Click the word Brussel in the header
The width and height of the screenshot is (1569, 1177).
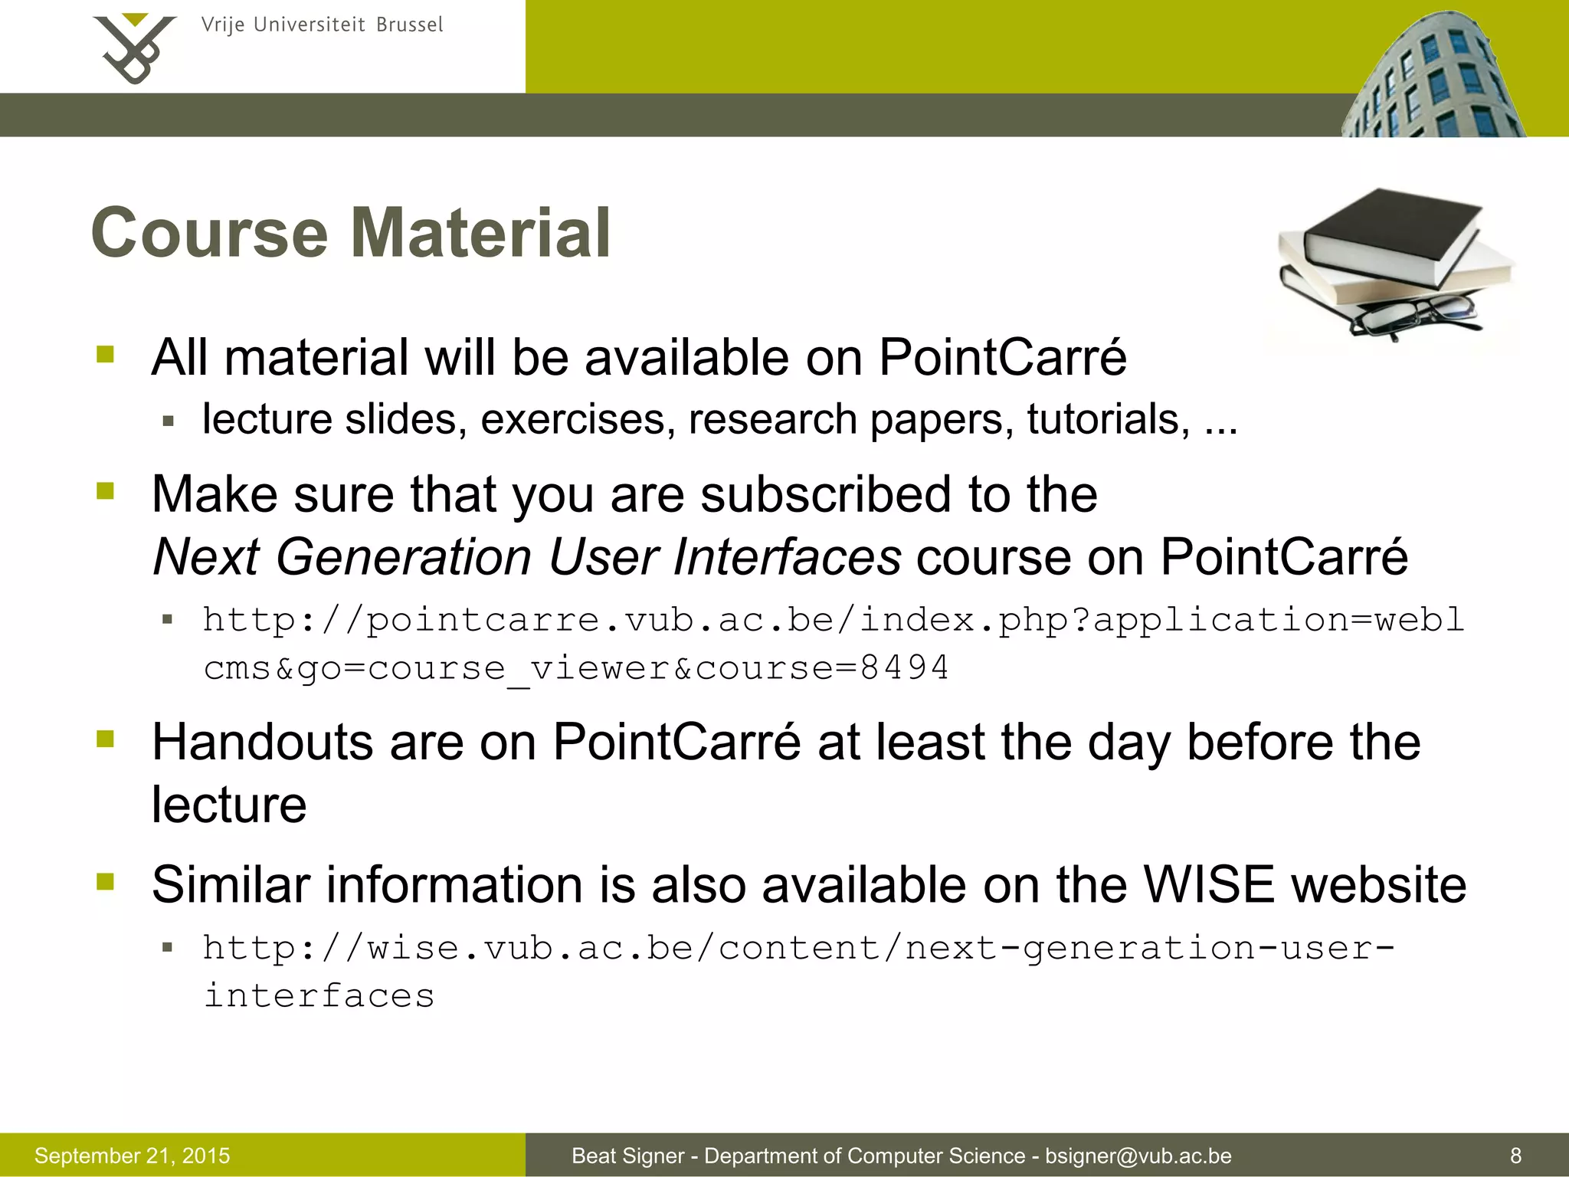click(409, 25)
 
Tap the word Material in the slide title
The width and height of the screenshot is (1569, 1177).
click(480, 233)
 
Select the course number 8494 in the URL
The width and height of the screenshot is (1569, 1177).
click(904, 667)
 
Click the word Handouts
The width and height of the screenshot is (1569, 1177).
click(262, 743)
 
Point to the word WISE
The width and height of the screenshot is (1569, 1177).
click(1208, 885)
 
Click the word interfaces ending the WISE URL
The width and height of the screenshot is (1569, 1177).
click(319, 996)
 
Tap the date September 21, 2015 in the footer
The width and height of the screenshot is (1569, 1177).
click(132, 1156)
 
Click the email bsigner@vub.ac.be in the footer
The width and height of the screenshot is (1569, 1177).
click(1138, 1156)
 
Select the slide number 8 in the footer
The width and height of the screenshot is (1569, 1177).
click(1515, 1156)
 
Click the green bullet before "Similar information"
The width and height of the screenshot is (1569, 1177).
click(105, 882)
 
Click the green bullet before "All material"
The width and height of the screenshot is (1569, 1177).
click(105, 354)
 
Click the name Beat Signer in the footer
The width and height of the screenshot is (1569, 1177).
click(627, 1156)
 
